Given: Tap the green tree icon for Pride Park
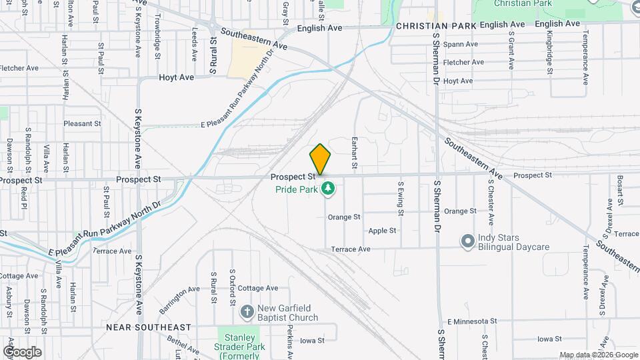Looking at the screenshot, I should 327,189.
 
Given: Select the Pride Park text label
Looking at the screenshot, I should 296,190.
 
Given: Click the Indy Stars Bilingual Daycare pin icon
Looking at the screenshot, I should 467,240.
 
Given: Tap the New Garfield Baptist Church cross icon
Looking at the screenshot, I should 247,311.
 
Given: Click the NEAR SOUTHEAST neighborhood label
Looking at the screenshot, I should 148,327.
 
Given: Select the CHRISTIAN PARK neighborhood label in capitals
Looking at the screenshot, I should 435,26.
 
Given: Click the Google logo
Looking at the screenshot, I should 22,351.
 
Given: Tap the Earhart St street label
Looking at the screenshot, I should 355,153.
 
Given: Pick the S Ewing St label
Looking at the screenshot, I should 401,199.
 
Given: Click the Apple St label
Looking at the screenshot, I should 382,231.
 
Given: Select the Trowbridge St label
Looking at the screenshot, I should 158,33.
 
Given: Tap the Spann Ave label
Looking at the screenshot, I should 461,44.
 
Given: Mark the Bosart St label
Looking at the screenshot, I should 619,190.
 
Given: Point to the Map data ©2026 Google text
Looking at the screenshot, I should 598,355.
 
